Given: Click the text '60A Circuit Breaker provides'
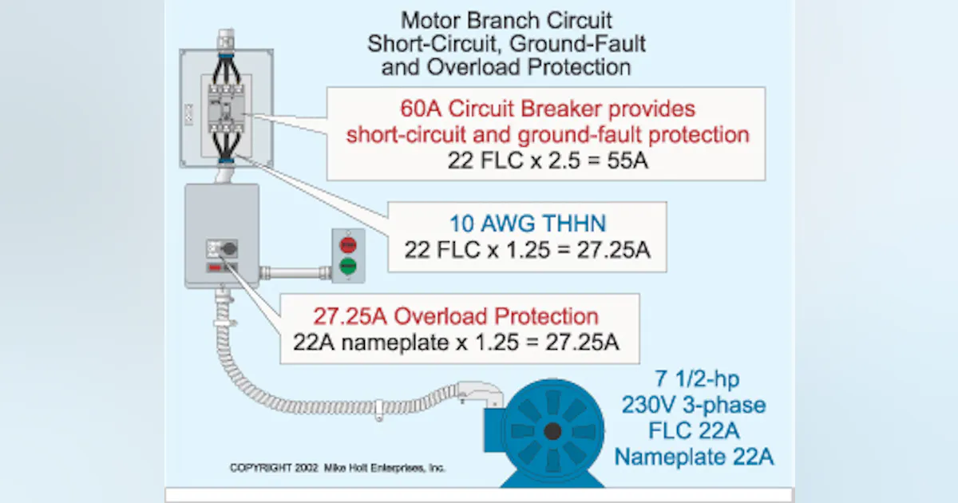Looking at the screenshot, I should click(548, 109).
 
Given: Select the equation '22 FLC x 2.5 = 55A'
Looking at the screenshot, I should click(548, 160).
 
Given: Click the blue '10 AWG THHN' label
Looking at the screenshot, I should click(526, 224).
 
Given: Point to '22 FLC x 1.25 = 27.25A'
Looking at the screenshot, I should click(526, 249).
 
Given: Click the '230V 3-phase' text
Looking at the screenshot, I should click(693, 406).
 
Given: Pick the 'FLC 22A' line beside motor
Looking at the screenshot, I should click(693, 431).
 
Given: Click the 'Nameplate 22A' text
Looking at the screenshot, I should click(693, 457).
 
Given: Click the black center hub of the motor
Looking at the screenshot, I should click(552, 432).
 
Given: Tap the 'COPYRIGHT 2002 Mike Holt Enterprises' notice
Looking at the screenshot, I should click(338, 468).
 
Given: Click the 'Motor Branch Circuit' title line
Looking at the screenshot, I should click(506, 19).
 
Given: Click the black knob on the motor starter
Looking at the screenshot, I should click(229, 249).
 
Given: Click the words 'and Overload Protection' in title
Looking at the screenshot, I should click(506, 67).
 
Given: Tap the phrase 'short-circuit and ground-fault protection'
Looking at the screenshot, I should click(548, 134).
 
